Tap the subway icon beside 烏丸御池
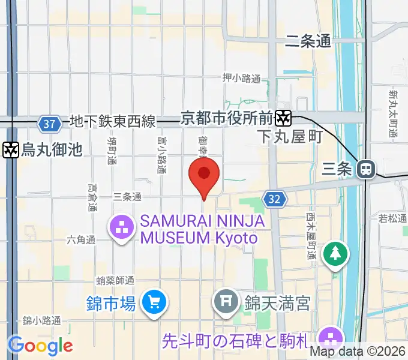click(10, 149)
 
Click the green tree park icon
click(335, 254)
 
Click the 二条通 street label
click(308, 41)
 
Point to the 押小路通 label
click(241, 78)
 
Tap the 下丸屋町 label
click(290, 137)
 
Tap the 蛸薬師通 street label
click(115, 280)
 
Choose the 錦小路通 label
click(41, 320)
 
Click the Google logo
click(40, 346)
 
